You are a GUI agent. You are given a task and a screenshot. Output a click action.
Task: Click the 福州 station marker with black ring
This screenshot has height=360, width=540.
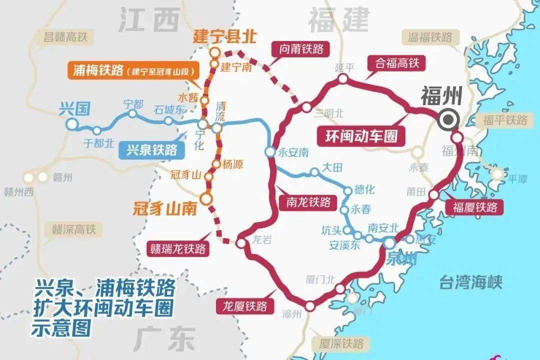coord(447,119)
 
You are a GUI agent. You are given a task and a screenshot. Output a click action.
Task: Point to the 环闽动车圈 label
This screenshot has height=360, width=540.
coord(360,135)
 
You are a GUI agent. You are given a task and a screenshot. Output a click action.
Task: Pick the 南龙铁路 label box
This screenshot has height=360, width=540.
coord(308,202)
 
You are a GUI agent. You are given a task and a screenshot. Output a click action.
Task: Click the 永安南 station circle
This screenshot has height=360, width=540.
coord(270,151)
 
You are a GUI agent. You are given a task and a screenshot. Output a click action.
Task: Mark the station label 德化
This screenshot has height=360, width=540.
coord(364,189)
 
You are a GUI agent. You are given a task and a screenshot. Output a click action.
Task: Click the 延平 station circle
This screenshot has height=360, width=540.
coord(343,78)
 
